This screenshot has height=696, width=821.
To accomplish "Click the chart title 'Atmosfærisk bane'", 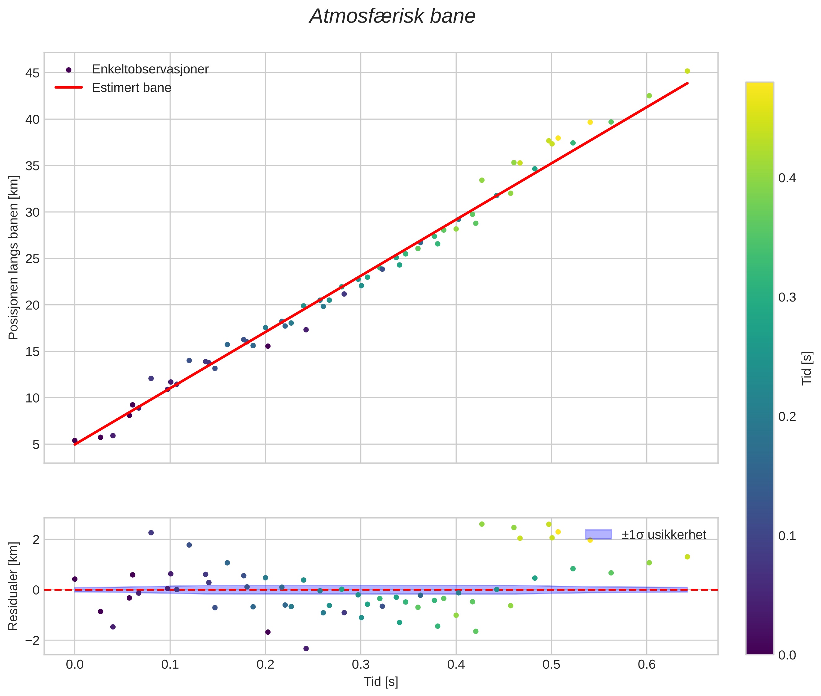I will pyautogui.click(x=392, y=16).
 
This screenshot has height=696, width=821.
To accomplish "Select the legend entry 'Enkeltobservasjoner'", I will pyautogui.click(x=150, y=69).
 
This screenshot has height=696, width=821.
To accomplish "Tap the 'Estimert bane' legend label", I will pyautogui.click(x=131, y=88).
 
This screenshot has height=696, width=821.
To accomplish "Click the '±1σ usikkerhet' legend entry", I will pyautogui.click(x=664, y=535).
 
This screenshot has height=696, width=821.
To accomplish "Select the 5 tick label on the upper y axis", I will pyautogui.click(x=36, y=445).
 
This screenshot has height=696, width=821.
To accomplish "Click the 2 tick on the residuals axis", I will pyautogui.click(x=36, y=540).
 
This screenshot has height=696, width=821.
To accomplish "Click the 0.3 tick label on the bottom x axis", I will pyautogui.click(x=360, y=665).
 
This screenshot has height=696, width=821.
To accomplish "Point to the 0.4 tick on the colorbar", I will pyautogui.click(x=787, y=178).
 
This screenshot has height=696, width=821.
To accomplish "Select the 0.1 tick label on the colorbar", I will pyautogui.click(x=787, y=536).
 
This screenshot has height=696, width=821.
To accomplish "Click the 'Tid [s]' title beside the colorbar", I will pyautogui.click(x=807, y=368).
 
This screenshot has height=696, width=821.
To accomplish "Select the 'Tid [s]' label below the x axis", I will pyautogui.click(x=381, y=682).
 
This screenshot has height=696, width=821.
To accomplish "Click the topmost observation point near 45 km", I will pyautogui.click(x=687, y=71).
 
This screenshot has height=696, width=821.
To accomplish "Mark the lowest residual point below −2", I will pyautogui.click(x=306, y=649).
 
